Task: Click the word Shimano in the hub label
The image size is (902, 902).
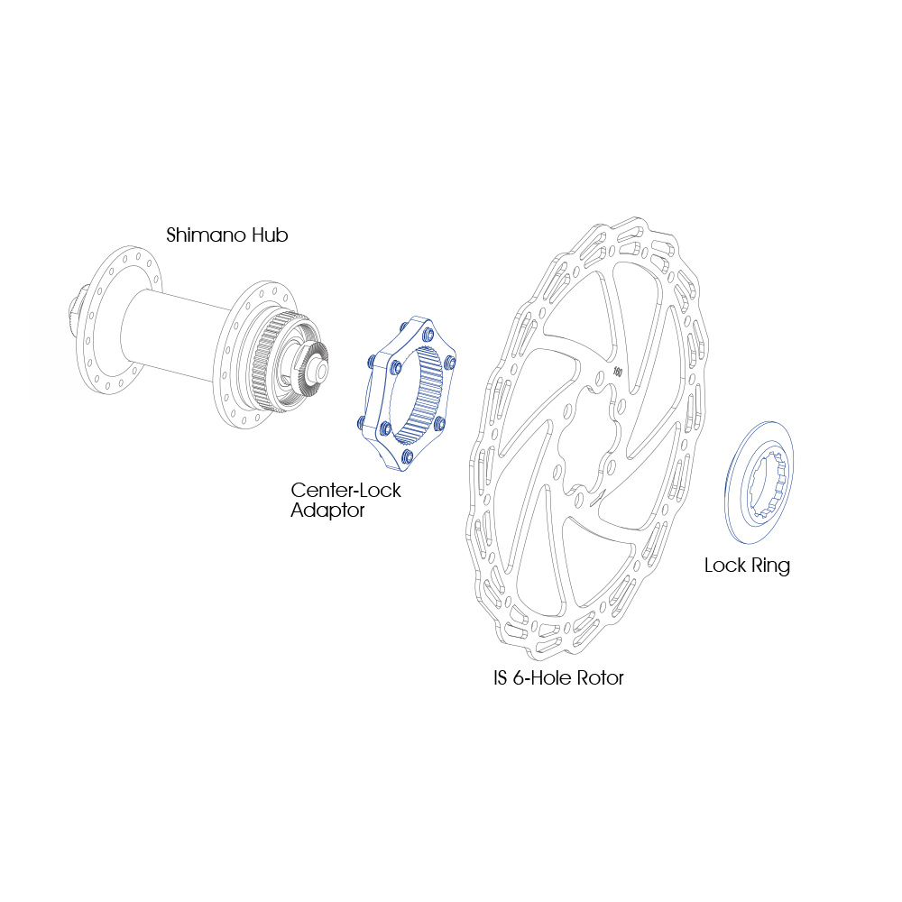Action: (x=204, y=235)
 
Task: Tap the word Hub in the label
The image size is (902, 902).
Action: (x=268, y=235)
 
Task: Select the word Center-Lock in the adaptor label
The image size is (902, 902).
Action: (x=345, y=490)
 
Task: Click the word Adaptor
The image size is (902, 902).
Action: (x=327, y=511)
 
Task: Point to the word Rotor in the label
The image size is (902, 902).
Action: (x=600, y=677)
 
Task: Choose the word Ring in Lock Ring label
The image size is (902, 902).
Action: (x=771, y=566)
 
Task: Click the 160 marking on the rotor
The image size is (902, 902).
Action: (x=617, y=372)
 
